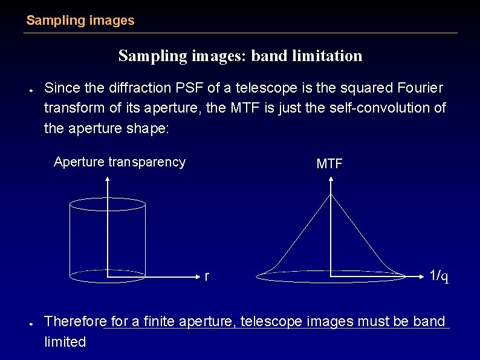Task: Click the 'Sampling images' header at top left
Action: pyautogui.click(x=80, y=21)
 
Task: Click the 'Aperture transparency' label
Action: pyautogui.click(x=120, y=162)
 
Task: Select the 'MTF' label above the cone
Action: pyautogui.click(x=329, y=164)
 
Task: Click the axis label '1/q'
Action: pyautogui.click(x=438, y=277)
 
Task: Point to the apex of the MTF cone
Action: pyautogui.click(x=331, y=194)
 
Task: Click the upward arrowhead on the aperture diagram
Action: pyautogui.click(x=108, y=179)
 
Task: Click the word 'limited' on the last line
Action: pyautogui.click(x=65, y=342)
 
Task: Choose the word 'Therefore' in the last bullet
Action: pyautogui.click(x=76, y=321)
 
